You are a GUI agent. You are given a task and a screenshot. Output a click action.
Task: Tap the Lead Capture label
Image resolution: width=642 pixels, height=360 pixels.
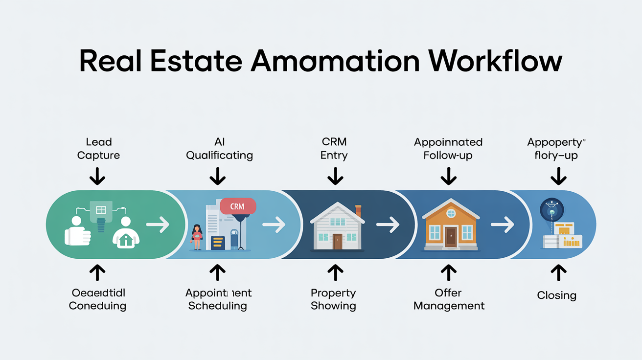[98, 149]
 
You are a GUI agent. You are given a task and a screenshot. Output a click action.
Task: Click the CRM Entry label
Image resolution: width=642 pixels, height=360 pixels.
[334, 149]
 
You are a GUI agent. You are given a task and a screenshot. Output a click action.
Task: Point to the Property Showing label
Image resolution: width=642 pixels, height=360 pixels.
[333, 299]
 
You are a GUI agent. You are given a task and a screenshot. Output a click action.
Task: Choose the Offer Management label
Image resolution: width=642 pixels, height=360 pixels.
[449, 299]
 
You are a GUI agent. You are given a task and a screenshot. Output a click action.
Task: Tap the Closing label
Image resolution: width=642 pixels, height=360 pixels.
[556, 295]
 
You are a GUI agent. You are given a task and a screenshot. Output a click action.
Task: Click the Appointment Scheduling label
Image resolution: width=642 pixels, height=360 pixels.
[218, 299]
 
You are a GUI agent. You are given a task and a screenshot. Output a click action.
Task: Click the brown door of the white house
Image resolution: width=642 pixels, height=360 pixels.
[337, 241]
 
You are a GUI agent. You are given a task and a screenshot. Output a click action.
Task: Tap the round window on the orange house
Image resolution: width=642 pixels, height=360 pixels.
[451, 214]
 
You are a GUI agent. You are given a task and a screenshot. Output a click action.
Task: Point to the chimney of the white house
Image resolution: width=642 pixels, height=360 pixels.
[358, 211]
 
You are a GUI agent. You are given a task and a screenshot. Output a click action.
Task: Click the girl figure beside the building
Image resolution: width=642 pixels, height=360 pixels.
[197, 237]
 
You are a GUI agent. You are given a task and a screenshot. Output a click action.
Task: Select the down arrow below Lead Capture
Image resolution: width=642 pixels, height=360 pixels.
[98, 176]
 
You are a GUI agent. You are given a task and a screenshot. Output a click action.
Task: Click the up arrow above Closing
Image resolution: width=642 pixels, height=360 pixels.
[558, 272]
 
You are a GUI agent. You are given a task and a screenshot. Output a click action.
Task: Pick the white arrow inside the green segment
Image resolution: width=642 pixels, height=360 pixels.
[158, 225]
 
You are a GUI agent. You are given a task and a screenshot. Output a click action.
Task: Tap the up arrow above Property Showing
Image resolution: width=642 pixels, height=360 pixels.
[335, 272]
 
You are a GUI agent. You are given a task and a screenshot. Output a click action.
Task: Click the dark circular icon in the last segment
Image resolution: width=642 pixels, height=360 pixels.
[551, 210]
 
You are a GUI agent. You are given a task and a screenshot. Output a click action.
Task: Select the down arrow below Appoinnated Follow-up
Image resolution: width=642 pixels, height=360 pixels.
[448, 176]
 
